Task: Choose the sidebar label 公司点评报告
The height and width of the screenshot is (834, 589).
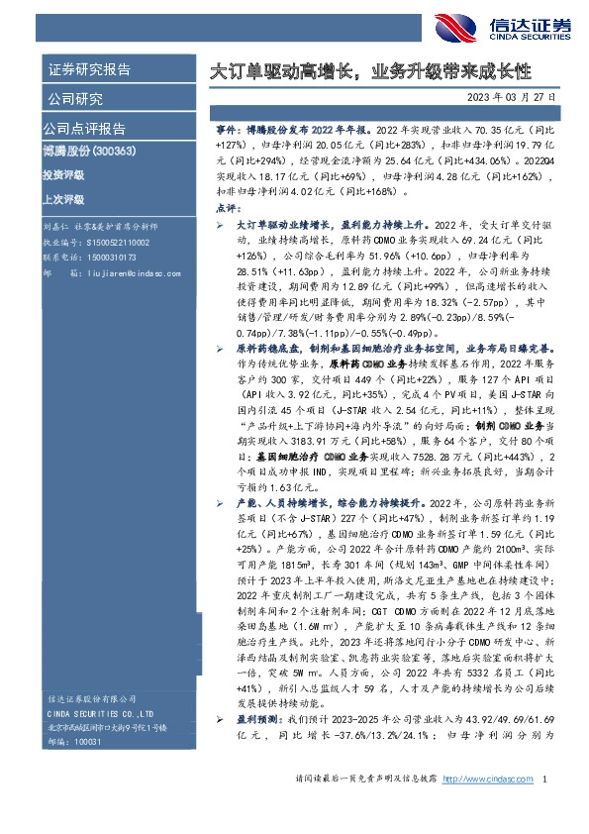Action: coord(84,129)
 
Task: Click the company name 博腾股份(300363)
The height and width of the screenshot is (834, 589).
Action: coord(89,152)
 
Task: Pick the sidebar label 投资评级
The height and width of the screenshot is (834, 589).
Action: coord(63,174)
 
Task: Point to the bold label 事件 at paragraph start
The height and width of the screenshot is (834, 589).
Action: coord(227,130)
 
